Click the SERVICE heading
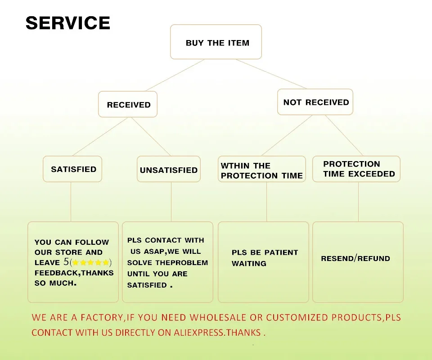click(x=68, y=23)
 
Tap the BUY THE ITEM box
click(x=216, y=42)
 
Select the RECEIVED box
click(x=128, y=104)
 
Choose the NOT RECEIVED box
click(x=315, y=102)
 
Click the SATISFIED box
click(x=72, y=169)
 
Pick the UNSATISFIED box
click(x=169, y=169)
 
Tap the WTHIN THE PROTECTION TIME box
click(x=262, y=169)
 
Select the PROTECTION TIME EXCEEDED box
click(x=356, y=169)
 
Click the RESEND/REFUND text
click(x=355, y=258)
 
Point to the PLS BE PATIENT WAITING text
click(x=265, y=258)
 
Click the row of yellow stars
click(x=90, y=262)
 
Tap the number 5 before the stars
click(x=66, y=261)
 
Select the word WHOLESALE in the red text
click(x=218, y=317)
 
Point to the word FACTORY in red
click(x=102, y=318)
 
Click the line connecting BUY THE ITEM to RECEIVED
click(x=175, y=75)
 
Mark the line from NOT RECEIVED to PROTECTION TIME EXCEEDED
click(x=344, y=135)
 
